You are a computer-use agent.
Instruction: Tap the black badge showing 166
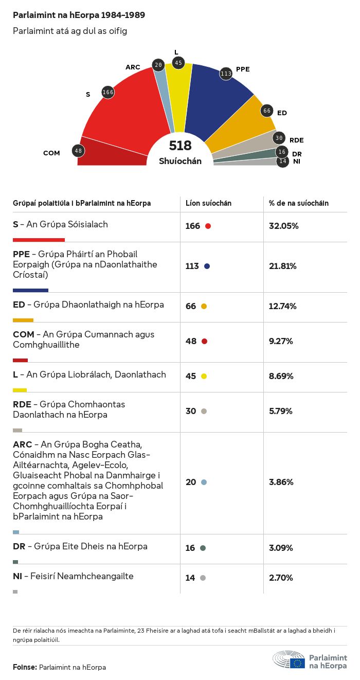(108, 92)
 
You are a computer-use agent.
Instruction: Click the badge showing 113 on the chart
(226, 74)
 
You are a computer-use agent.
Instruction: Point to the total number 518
(180, 146)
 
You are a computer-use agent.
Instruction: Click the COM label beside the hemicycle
(51, 153)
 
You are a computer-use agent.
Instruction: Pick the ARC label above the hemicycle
(133, 67)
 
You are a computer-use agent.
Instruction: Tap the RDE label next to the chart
(296, 140)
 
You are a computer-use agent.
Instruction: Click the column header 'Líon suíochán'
(208, 203)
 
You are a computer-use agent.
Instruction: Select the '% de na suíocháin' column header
(299, 203)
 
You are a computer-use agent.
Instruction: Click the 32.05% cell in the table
(283, 226)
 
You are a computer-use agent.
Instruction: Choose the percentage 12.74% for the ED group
(283, 306)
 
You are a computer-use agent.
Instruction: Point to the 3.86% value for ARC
(281, 482)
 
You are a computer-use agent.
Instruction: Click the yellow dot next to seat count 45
(204, 377)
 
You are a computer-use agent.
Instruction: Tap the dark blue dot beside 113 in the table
(207, 266)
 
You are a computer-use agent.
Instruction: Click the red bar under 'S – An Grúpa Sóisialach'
(39, 240)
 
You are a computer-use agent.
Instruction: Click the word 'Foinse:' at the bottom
(25, 667)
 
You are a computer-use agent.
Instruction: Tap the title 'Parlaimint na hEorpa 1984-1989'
(79, 15)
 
